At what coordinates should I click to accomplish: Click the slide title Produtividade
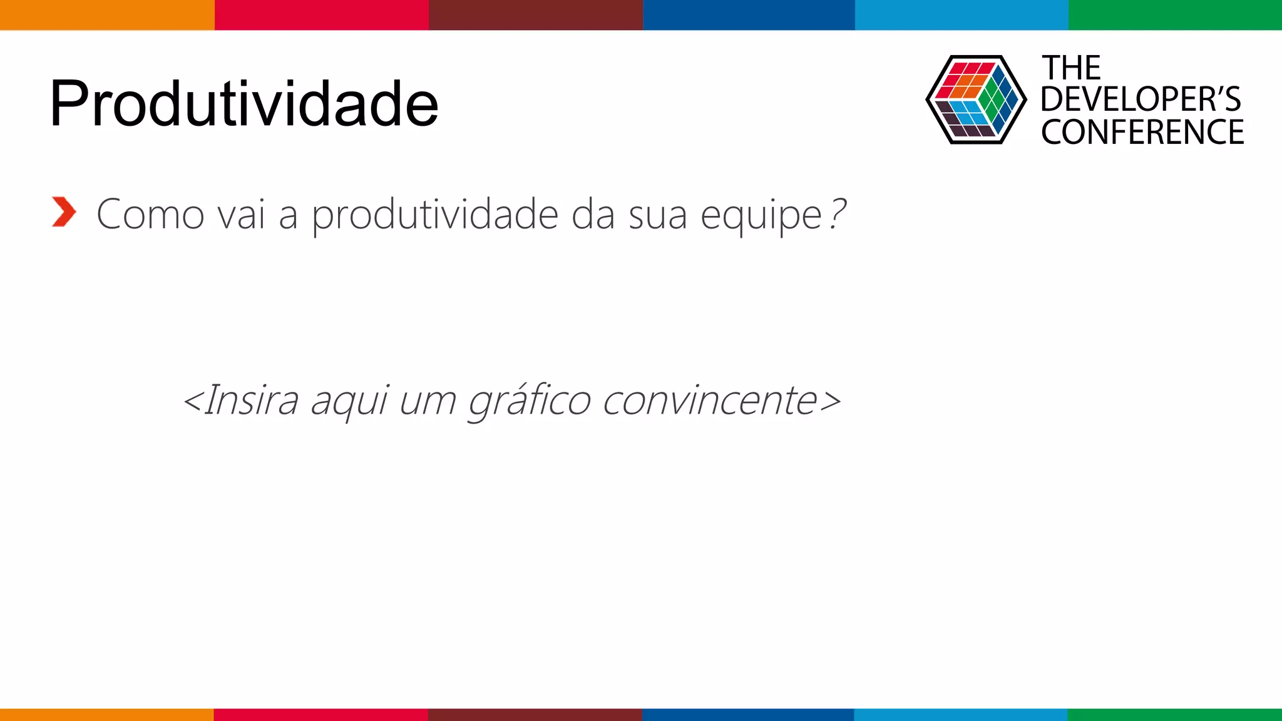244,104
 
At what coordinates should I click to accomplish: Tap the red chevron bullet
64,212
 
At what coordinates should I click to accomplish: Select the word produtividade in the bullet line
435,215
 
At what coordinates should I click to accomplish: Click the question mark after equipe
838,213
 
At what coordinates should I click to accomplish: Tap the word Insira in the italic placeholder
251,400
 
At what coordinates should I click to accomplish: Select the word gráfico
530,400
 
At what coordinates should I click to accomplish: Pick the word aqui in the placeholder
350,401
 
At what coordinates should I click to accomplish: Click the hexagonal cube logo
976,100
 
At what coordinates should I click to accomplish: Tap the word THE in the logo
1071,68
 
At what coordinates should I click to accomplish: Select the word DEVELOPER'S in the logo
1141,100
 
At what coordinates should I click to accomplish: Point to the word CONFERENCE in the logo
1142,133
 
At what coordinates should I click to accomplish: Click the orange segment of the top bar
107,14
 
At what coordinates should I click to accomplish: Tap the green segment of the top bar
1175,14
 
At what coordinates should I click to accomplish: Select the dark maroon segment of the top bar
536,14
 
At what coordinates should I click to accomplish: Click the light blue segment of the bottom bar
961,714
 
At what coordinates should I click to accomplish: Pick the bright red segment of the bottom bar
321,714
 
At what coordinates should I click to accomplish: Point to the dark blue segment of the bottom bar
748,714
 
